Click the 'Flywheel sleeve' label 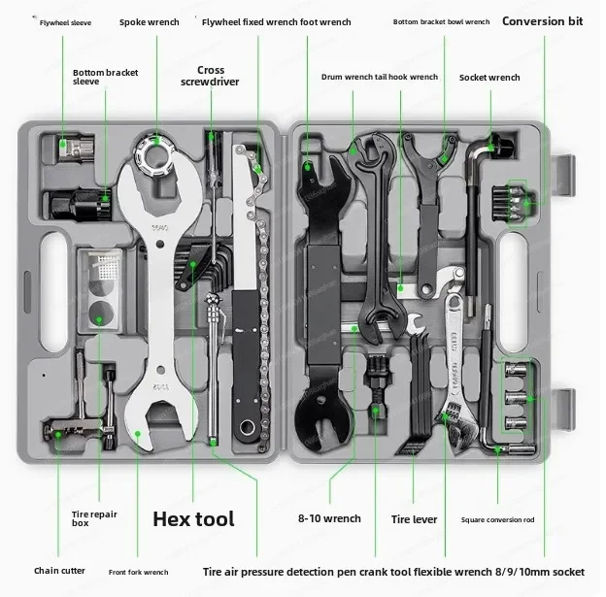[x=65, y=22]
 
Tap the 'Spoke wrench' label [x=149, y=21]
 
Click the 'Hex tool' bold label [x=193, y=518]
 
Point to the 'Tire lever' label [x=414, y=519]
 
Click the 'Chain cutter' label [x=58, y=571]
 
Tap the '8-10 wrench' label [x=329, y=519]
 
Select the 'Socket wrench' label [x=489, y=77]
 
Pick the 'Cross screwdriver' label [x=210, y=76]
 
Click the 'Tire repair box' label [x=94, y=519]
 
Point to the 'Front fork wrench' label [x=138, y=572]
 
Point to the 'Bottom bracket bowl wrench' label [x=441, y=21]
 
